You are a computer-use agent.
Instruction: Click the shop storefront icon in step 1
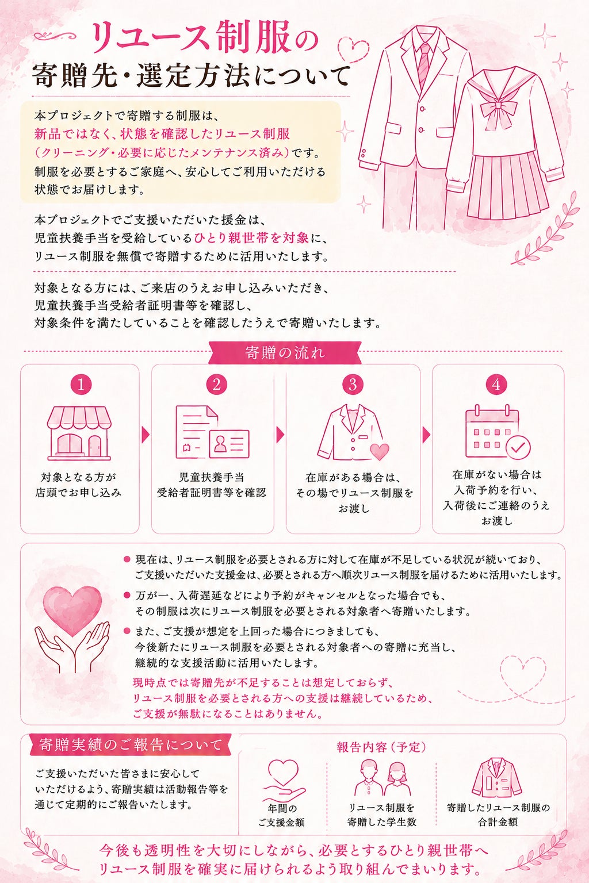pyautogui.click(x=79, y=433)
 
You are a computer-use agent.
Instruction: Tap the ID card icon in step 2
pyautogui.click(x=229, y=444)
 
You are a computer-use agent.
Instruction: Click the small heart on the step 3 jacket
pyautogui.click(x=380, y=451)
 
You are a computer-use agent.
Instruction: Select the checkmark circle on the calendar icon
pyautogui.click(x=518, y=447)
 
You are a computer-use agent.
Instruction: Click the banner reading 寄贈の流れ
pyautogui.click(x=285, y=352)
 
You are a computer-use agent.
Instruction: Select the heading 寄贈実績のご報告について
pyautogui.click(x=130, y=745)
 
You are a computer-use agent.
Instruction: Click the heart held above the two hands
pyautogui.click(x=72, y=610)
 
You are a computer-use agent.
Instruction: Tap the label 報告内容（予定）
pyautogui.click(x=381, y=747)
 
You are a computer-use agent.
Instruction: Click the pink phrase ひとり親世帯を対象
pyautogui.click(x=251, y=238)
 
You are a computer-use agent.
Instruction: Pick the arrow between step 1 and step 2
pyautogui.click(x=145, y=435)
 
